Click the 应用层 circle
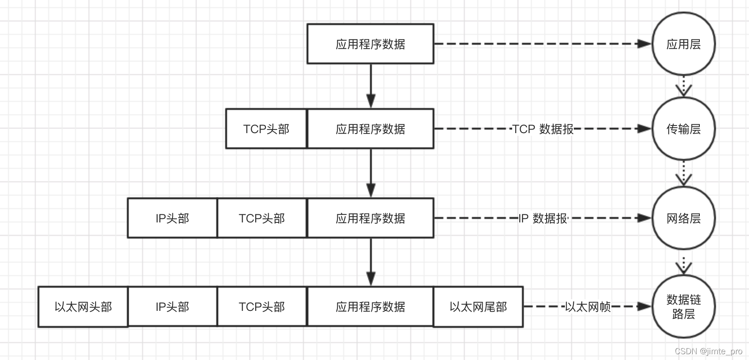coord(683,44)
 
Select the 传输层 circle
coord(683,129)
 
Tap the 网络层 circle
coord(683,218)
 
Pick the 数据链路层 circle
coord(683,306)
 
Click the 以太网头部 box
coord(83,307)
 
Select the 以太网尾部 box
coord(478,307)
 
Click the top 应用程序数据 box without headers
coord(370,44)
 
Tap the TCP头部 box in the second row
coord(266,129)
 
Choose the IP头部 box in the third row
coord(172,218)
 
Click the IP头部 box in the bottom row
coord(172,307)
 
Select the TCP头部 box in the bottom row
coord(262,307)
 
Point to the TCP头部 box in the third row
coord(262,218)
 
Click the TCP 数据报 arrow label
coord(543,129)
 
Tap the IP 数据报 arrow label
coord(543,218)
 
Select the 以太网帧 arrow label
coord(587,307)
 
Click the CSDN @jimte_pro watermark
coord(708,351)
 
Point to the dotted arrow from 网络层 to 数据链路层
coord(683,264)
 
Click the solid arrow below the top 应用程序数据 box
coord(370,85)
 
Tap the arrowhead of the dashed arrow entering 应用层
coord(644,44)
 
